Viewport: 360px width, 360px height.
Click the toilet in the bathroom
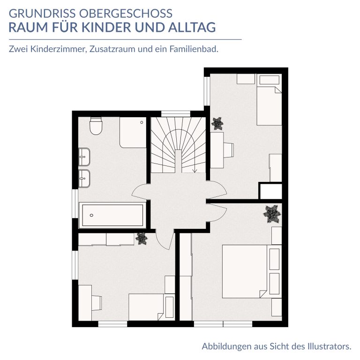pos(96,126)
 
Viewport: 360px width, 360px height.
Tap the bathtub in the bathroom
pos(112,215)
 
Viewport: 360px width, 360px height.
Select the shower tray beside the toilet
pos(133,133)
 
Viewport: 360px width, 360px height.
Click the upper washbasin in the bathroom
pos(84,157)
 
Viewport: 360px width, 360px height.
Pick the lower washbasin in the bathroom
pos(84,179)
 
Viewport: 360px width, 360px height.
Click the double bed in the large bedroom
pos(252,271)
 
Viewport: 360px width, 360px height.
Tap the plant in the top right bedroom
pos(217,124)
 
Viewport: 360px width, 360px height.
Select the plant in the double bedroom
pos(272,214)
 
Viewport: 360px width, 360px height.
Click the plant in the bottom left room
pos(142,239)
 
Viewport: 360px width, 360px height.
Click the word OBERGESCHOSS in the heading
pos(126,13)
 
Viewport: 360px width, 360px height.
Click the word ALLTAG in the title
pos(192,27)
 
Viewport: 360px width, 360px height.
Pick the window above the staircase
pos(176,114)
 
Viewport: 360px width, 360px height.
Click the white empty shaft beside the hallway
pos(271,191)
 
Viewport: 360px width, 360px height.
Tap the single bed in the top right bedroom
pos(269,99)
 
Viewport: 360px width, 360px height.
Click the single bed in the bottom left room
pos(151,307)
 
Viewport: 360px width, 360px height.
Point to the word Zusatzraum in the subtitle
pos(112,49)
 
